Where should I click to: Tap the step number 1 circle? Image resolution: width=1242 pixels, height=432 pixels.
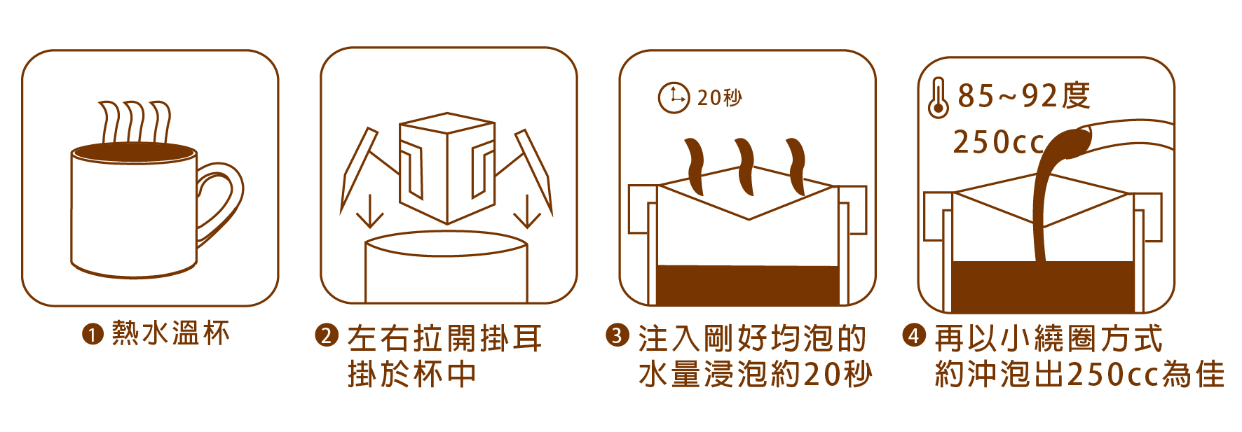point(93,335)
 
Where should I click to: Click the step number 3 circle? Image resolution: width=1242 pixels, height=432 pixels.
point(617,335)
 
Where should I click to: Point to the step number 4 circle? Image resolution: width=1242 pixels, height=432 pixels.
point(913,335)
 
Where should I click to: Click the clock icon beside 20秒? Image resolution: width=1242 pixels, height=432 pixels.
point(674,97)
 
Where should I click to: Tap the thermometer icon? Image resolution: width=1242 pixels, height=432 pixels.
point(938,99)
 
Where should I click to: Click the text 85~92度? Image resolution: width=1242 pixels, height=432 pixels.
point(1024,96)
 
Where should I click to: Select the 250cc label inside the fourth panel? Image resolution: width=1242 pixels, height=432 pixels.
point(998,142)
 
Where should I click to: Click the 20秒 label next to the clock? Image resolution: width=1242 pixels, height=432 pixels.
point(719,97)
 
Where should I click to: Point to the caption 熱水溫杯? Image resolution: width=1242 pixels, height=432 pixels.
point(170,334)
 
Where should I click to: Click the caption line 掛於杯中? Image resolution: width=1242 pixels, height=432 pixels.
point(412,374)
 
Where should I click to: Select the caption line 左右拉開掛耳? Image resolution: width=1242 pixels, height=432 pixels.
point(445,338)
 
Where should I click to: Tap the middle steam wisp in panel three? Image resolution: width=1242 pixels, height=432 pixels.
point(744,167)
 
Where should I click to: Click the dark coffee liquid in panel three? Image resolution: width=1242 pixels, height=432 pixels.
point(748,285)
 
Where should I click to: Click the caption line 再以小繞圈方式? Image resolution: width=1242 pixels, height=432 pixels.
point(1049,338)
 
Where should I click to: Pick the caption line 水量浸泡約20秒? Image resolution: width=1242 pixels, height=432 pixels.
point(755,374)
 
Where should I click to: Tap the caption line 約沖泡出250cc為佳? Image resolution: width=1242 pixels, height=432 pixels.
point(1079,374)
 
